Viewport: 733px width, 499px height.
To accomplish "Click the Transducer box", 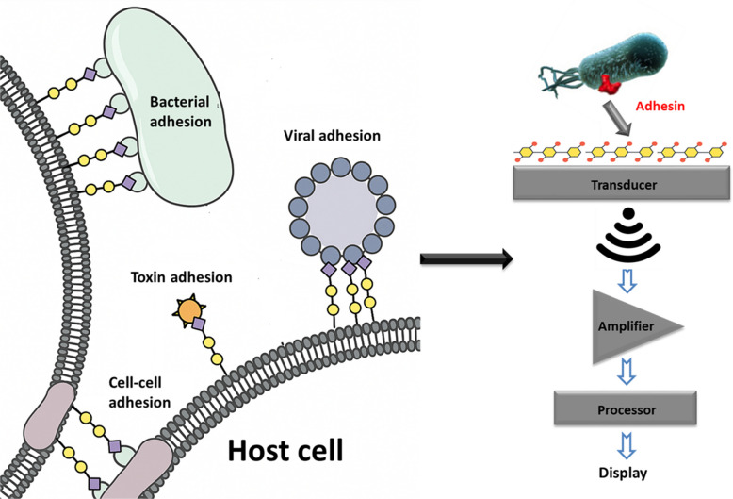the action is click(x=622, y=185).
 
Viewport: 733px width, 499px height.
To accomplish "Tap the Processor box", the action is click(x=626, y=409).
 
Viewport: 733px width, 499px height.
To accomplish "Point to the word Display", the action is click(x=623, y=473).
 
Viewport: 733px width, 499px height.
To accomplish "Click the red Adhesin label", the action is click(x=660, y=106).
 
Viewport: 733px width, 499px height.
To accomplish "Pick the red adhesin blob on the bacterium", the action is click(x=610, y=83).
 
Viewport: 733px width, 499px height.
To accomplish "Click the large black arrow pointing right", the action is click(x=466, y=258).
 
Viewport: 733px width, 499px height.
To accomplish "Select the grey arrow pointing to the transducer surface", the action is click(x=617, y=119).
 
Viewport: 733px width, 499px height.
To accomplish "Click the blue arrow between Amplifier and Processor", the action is click(x=627, y=372).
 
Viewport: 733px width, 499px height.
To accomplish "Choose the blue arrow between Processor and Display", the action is click(x=627, y=445).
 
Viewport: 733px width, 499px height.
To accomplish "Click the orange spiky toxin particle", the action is click(x=189, y=310).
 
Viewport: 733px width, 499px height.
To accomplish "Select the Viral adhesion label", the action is click(x=332, y=136).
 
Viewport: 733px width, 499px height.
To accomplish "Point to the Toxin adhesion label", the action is click(x=182, y=277).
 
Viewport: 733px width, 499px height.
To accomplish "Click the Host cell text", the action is click(x=285, y=450).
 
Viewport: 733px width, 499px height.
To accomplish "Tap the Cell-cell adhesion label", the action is click(x=139, y=392).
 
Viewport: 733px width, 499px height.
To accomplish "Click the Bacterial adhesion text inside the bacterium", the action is click(x=181, y=111).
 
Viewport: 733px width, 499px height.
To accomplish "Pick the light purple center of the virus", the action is click(x=342, y=212).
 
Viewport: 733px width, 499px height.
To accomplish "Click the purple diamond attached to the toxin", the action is click(x=199, y=324).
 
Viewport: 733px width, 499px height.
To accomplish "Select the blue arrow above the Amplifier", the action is click(x=627, y=280).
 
